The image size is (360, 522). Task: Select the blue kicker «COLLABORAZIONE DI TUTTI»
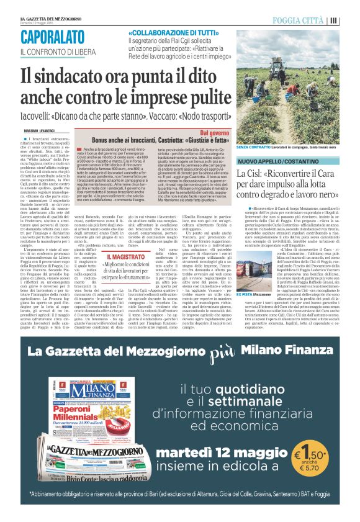click(164, 31)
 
